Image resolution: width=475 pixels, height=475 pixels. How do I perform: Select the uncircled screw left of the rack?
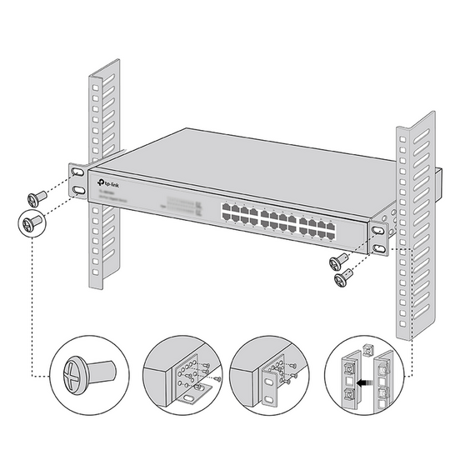coord(36,198)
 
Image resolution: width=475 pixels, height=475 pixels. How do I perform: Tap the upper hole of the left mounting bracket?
coord(77,172)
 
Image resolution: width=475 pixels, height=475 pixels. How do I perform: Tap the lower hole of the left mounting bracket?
coord(77,192)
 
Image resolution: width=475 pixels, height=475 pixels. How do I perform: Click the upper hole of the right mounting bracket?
coord(379,230)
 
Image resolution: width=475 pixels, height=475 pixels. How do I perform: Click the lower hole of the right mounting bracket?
coord(380,247)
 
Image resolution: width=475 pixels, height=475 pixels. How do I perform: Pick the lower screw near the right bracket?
coord(342,279)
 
